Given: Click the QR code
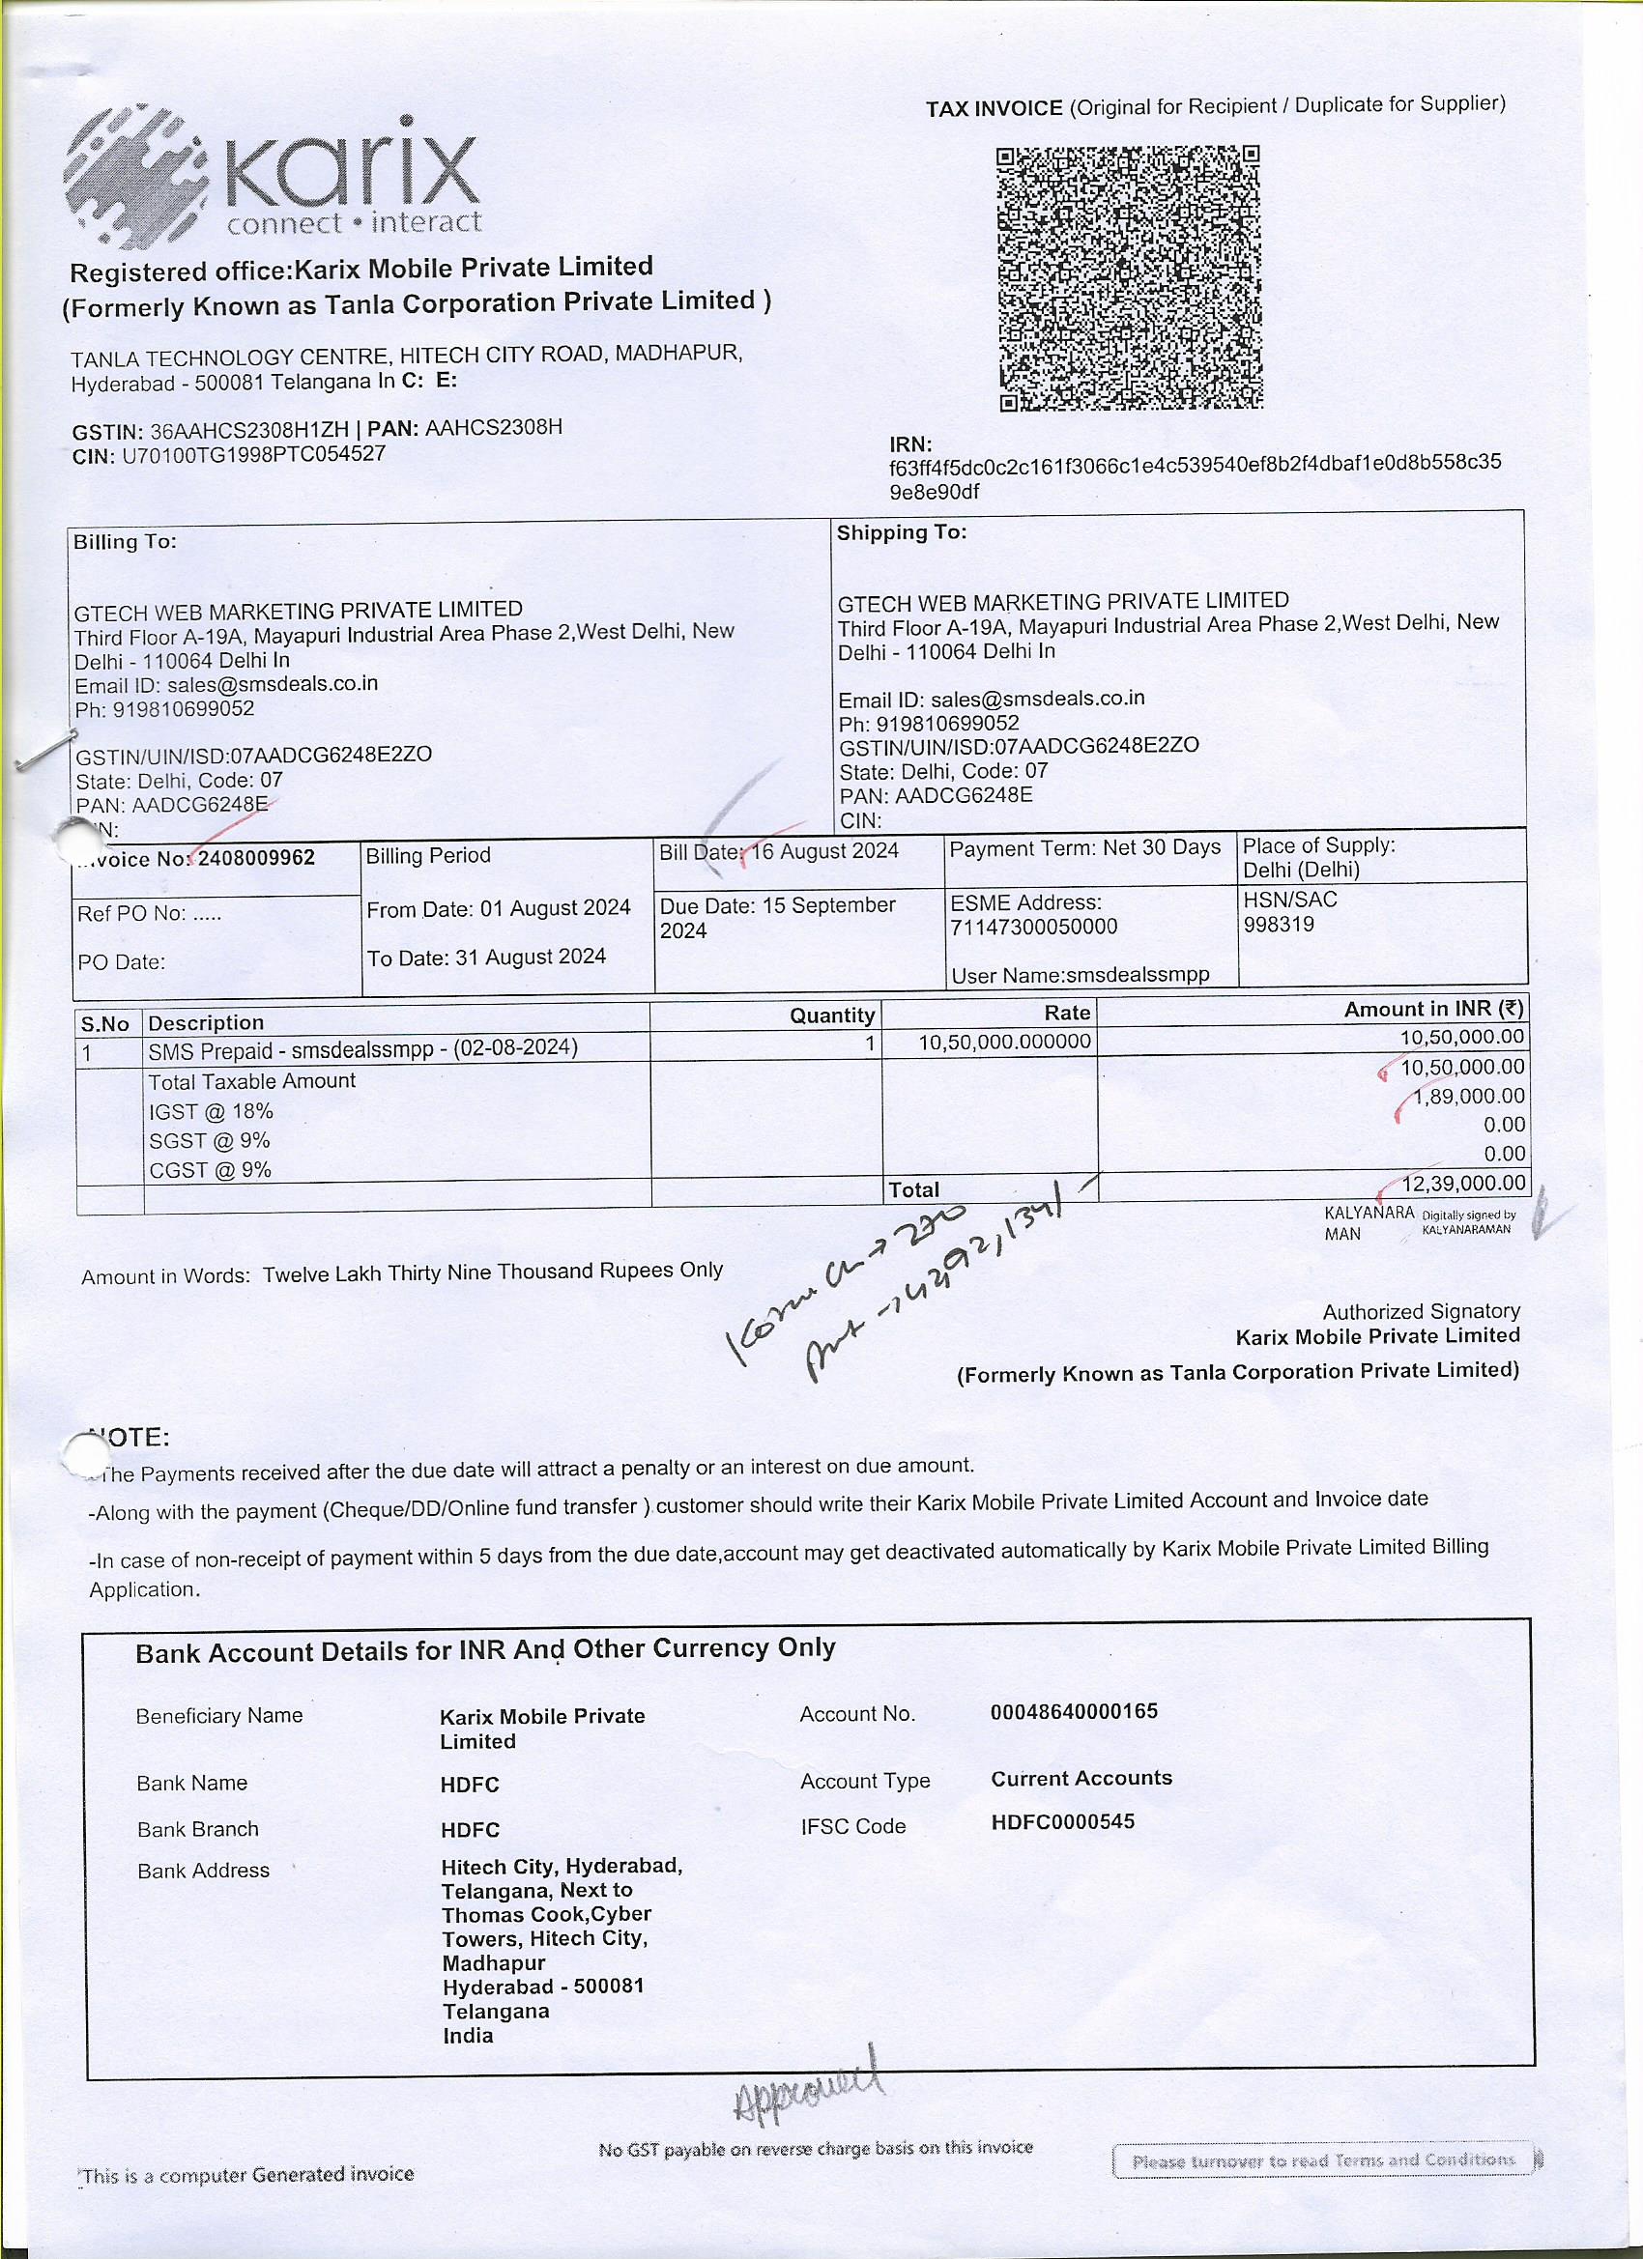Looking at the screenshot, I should [1130, 278].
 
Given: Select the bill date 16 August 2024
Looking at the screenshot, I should [824, 851].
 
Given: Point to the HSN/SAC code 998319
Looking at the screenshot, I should [1279, 925].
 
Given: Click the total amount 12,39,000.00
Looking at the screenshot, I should [1462, 1184].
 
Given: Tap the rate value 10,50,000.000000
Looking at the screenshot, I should [1004, 1042].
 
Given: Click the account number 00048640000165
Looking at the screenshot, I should [1074, 1711].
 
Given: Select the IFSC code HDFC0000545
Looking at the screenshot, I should [1062, 1821].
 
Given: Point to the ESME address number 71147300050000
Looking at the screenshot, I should [1033, 927].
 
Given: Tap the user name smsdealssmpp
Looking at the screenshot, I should [1137, 975].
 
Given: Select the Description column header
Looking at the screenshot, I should [206, 1023].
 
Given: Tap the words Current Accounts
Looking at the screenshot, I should [1081, 1778].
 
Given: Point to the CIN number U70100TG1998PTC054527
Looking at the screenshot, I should [253, 455].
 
